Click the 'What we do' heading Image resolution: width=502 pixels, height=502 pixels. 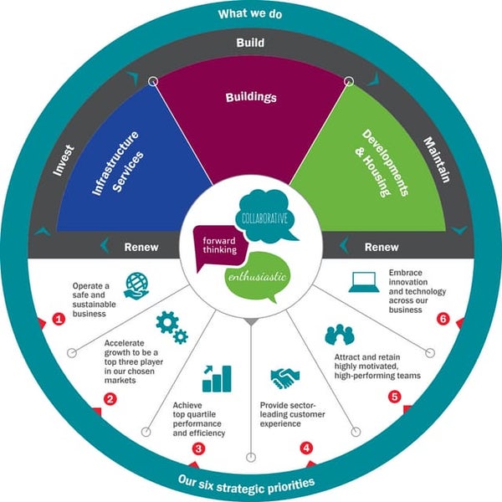click(x=251, y=14)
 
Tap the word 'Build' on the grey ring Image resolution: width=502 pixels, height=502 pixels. click(x=251, y=42)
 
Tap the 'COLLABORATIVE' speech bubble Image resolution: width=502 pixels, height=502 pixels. click(x=265, y=217)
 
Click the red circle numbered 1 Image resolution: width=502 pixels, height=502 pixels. click(x=59, y=320)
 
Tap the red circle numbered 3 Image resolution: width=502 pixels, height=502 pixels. click(x=198, y=448)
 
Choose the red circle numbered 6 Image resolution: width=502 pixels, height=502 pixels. click(x=443, y=320)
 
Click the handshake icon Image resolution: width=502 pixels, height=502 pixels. click(x=284, y=379)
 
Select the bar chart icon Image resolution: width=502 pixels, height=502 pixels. click(x=217, y=377)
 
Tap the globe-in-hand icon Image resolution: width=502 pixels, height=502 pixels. click(x=136, y=285)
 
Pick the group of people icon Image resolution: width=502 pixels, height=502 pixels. click(x=341, y=336)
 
